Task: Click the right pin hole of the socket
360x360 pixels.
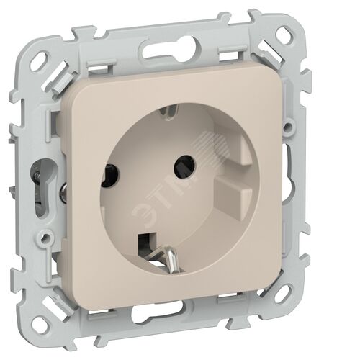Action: tap(184, 166)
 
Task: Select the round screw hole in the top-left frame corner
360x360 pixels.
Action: tap(41, 60)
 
